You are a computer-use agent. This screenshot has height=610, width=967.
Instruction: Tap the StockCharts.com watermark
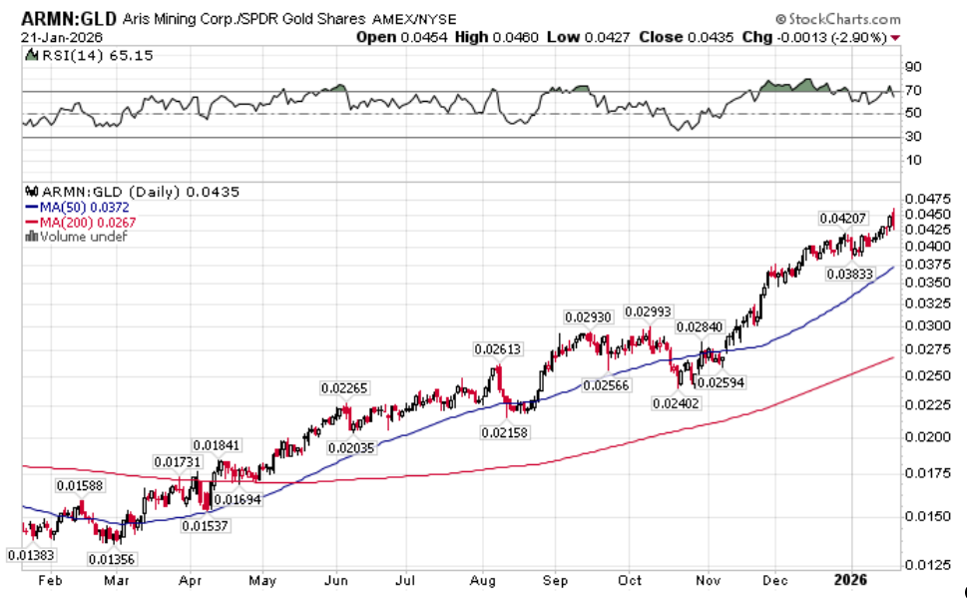pos(842,19)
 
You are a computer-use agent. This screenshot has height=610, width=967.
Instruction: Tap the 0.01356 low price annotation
pos(113,559)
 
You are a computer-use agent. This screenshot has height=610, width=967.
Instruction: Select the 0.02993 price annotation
pos(649,311)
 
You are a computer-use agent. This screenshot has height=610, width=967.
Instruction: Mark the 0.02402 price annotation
pos(676,402)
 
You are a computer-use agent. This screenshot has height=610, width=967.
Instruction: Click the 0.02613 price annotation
pos(497,348)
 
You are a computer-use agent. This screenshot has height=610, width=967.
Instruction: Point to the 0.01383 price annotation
pos(31,555)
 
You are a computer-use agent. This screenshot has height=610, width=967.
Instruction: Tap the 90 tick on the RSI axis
pos(913,67)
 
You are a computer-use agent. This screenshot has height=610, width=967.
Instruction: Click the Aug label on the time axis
pos(483,579)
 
